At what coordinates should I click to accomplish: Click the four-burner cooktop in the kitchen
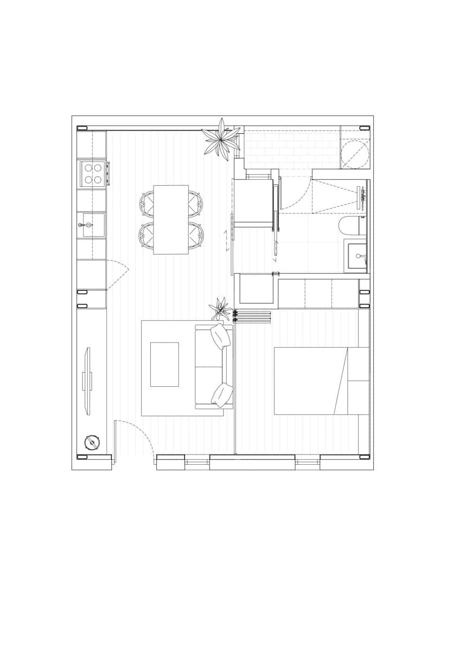tap(92, 174)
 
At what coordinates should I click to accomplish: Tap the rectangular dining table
tap(171, 219)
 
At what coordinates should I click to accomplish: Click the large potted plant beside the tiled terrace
tap(221, 138)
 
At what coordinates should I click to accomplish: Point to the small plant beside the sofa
tap(220, 308)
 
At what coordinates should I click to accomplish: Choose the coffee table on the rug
tap(164, 364)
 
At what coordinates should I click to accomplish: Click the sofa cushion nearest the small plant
tap(221, 336)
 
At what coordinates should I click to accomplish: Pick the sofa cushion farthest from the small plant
tap(222, 394)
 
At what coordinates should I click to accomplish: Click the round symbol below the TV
tap(92, 443)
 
